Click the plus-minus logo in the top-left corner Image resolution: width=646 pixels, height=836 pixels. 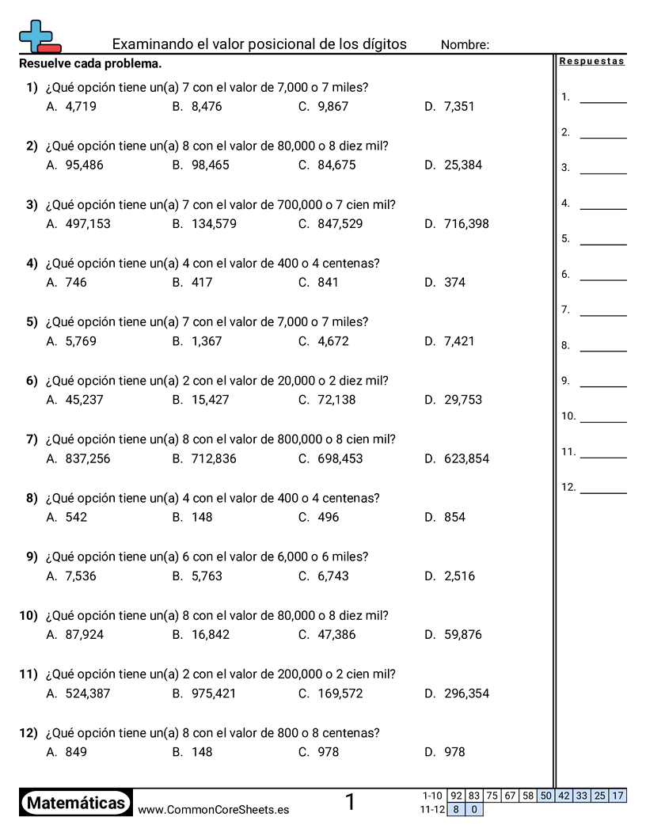click(39, 36)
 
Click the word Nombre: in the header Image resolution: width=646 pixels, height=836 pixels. click(465, 45)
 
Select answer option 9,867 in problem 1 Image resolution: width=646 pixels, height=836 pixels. click(332, 106)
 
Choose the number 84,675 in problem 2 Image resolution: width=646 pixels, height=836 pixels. click(336, 165)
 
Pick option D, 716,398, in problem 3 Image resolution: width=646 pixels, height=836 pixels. click(466, 223)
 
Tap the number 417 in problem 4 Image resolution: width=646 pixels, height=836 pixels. click(202, 282)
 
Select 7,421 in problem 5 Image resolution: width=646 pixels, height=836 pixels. click(459, 341)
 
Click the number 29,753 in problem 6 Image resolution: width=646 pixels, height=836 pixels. click(463, 400)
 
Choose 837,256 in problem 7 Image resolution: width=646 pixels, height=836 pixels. click(88, 458)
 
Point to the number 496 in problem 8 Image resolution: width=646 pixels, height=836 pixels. click(328, 517)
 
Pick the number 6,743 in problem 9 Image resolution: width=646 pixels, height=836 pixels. click(332, 576)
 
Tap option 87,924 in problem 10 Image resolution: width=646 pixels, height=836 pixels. click(84, 634)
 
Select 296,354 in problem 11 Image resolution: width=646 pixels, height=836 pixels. click(466, 693)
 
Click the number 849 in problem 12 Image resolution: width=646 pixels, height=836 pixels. click(76, 752)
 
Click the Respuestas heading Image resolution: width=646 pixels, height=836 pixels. click(591, 62)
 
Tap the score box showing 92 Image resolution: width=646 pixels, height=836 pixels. click(456, 796)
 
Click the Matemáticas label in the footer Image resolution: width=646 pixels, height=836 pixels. click(76, 803)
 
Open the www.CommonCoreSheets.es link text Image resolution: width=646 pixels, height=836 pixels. click(213, 809)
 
